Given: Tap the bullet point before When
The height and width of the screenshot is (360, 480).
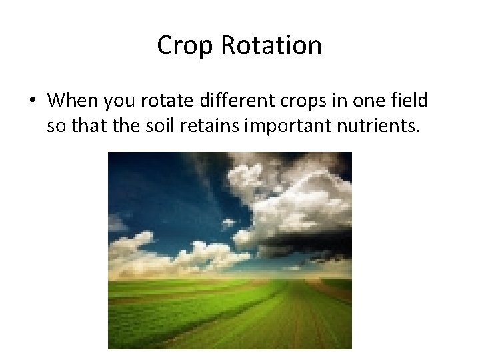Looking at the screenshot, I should (x=32, y=101).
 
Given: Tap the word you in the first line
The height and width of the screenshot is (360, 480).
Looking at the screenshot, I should (x=119, y=101).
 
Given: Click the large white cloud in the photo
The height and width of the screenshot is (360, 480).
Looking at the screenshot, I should (x=293, y=200).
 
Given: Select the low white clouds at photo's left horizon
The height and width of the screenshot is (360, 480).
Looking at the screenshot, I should (x=133, y=247).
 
